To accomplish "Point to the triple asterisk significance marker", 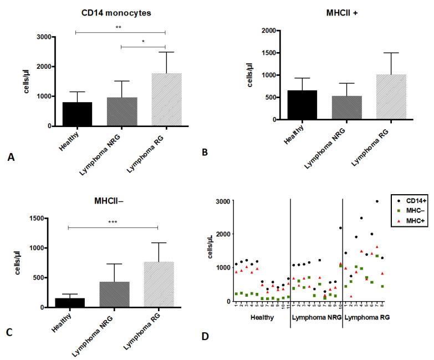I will [x=116, y=222].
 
